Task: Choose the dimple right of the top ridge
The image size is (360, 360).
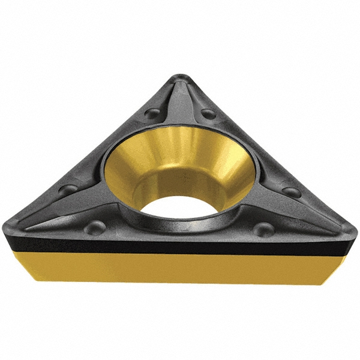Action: (x=208, y=113)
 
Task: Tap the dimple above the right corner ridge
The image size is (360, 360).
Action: (x=292, y=192)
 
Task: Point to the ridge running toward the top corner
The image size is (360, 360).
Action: (x=180, y=102)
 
